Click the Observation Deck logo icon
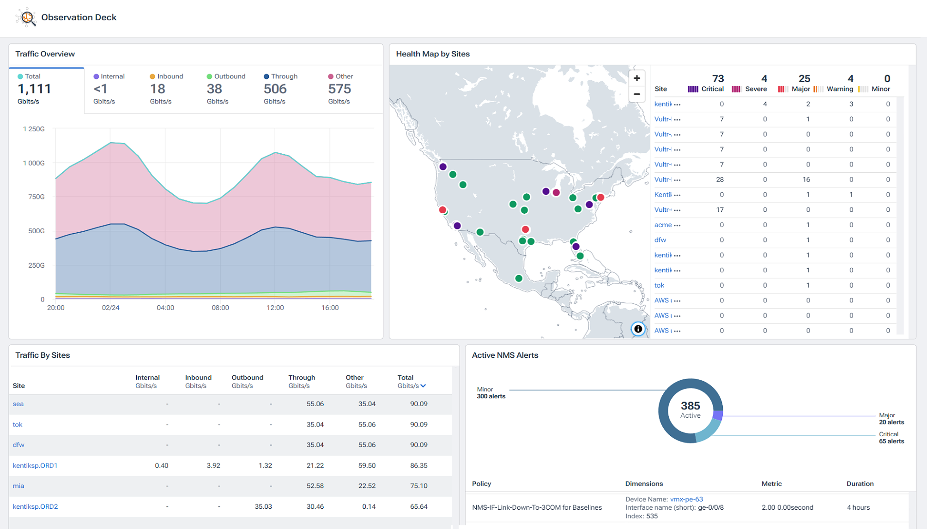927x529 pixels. coord(26,18)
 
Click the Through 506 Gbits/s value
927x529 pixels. coord(275,89)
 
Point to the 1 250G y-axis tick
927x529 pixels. coord(34,129)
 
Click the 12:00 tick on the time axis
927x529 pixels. coord(275,307)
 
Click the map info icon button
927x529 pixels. coord(638,329)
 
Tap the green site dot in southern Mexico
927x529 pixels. coord(519,278)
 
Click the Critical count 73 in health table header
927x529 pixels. coord(718,78)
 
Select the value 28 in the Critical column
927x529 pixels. coord(720,180)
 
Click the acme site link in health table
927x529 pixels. coord(663,225)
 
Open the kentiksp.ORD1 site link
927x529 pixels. coord(35,465)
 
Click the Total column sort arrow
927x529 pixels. coord(423,386)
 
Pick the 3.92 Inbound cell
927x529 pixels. coord(213,465)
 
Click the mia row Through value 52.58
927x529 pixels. coord(315,486)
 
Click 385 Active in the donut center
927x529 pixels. coord(690,409)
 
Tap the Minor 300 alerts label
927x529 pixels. coord(491,393)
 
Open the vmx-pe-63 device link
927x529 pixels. coord(686,499)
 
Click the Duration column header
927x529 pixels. coord(860,483)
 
